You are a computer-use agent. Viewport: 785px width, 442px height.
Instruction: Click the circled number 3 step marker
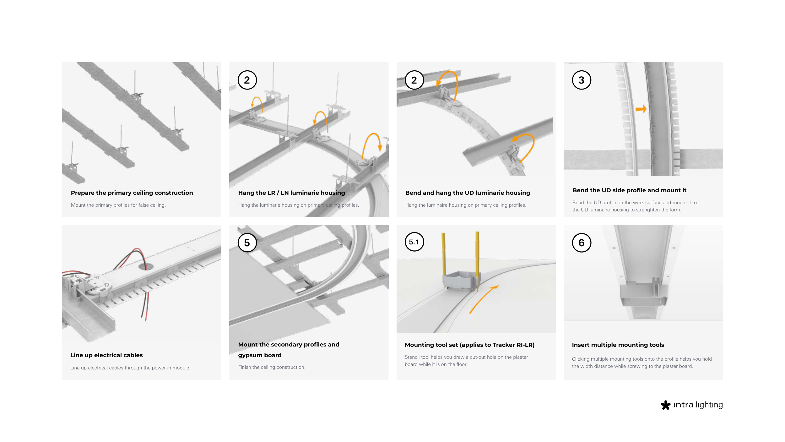581,80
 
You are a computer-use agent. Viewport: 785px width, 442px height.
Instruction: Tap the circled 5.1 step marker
414,242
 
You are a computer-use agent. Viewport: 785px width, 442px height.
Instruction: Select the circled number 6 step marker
581,243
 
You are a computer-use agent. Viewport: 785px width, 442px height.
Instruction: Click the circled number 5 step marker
247,243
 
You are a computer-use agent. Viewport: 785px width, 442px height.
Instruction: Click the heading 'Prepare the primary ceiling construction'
132,193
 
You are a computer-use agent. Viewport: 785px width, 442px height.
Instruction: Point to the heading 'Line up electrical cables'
106,355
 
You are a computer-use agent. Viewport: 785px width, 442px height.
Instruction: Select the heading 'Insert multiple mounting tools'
618,345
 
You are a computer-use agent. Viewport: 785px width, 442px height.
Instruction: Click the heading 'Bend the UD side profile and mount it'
629,190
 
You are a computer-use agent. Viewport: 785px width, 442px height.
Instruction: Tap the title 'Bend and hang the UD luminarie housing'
468,193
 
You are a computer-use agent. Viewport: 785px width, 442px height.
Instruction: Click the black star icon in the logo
665,405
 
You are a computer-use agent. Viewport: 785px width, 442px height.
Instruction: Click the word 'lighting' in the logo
709,405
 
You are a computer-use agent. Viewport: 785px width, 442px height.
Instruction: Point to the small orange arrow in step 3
641,109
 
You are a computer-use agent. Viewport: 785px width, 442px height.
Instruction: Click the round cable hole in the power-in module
146,267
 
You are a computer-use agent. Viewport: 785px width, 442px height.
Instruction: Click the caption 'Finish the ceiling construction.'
272,367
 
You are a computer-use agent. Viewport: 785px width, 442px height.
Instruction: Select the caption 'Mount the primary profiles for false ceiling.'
118,205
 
